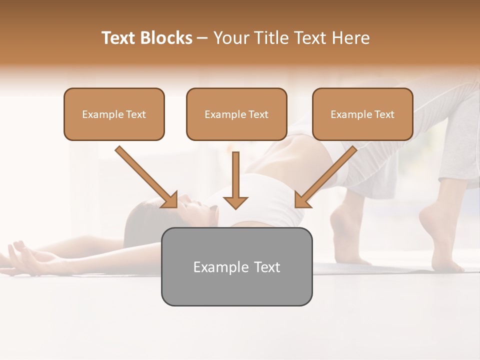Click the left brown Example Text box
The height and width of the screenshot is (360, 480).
pyautogui.click(x=114, y=114)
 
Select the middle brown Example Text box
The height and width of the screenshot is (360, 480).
pyautogui.click(x=236, y=114)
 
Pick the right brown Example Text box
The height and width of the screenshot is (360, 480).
pyautogui.click(x=362, y=114)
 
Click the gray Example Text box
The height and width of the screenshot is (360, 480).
pyautogui.click(x=236, y=267)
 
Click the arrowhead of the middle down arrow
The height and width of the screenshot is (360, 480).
pyautogui.click(x=235, y=202)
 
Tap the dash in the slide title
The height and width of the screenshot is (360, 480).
pyautogui.click(x=203, y=38)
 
